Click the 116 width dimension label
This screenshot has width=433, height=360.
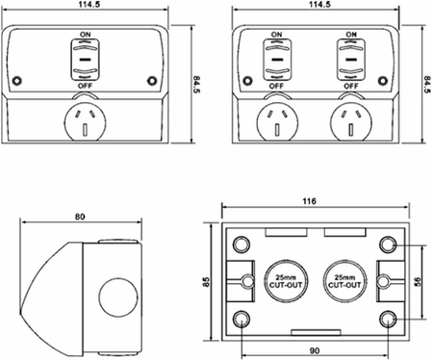(309, 201)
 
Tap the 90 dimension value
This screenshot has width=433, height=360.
(315, 350)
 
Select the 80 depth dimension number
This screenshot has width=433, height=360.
(80, 217)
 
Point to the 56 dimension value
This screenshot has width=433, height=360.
(418, 282)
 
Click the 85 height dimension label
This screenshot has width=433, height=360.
(207, 282)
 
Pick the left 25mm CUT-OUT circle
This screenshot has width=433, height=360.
(286, 281)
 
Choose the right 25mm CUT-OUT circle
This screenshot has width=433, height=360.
(344, 281)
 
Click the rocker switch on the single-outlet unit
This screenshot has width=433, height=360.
(85, 60)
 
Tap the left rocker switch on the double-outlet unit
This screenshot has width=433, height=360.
(276, 60)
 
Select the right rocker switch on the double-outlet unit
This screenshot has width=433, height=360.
(351, 60)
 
